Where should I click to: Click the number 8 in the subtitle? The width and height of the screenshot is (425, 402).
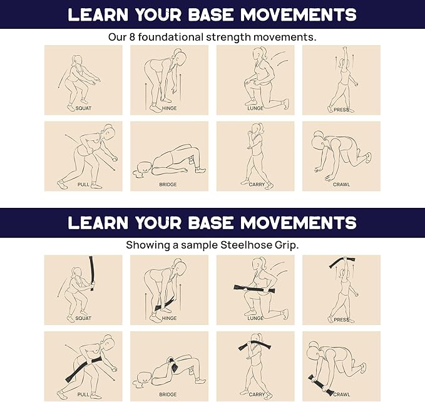(x=132, y=37)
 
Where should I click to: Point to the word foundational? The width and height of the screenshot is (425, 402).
(x=170, y=37)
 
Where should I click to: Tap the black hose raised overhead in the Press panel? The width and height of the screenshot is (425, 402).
(x=342, y=262)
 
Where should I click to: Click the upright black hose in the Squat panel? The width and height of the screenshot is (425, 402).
(x=91, y=273)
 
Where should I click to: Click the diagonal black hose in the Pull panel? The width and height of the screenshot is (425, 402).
(x=84, y=369)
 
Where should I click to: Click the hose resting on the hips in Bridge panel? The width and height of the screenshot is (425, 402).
(x=173, y=365)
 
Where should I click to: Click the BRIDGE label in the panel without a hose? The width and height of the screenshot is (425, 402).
(x=168, y=184)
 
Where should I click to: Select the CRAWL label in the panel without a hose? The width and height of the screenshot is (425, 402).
(x=342, y=184)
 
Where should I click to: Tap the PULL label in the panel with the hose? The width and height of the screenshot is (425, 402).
(x=83, y=394)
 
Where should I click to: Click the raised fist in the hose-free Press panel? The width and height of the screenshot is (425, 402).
(x=344, y=49)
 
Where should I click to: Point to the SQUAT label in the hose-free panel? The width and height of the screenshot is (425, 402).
(x=83, y=108)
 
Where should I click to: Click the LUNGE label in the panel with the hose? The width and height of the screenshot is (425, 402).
(x=255, y=318)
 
